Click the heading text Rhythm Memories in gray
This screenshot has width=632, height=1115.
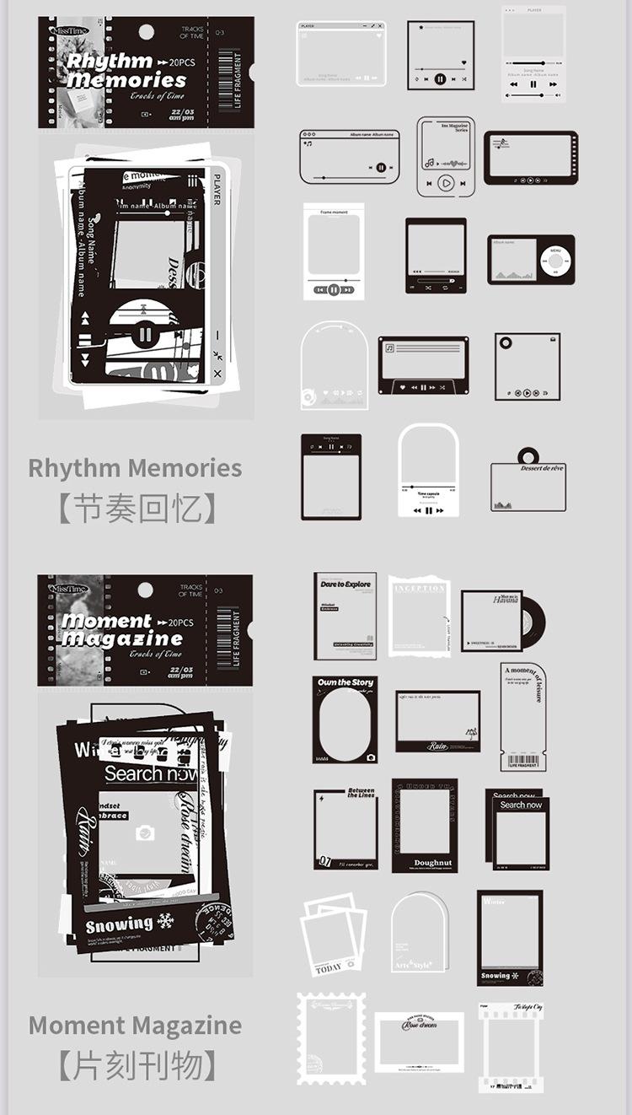(x=135, y=468)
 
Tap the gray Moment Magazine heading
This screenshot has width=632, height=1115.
(x=135, y=1026)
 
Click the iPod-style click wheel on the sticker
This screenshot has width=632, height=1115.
(x=555, y=259)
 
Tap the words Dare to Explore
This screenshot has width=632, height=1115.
(x=345, y=584)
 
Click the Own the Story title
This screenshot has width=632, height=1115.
(x=345, y=682)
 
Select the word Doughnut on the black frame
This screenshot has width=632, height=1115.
(x=433, y=863)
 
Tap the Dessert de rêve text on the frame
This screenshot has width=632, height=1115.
(x=542, y=468)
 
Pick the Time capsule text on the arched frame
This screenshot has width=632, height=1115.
(x=428, y=493)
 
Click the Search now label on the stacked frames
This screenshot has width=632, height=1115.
(x=521, y=805)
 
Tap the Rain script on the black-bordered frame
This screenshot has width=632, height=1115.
(x=437, y=746)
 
